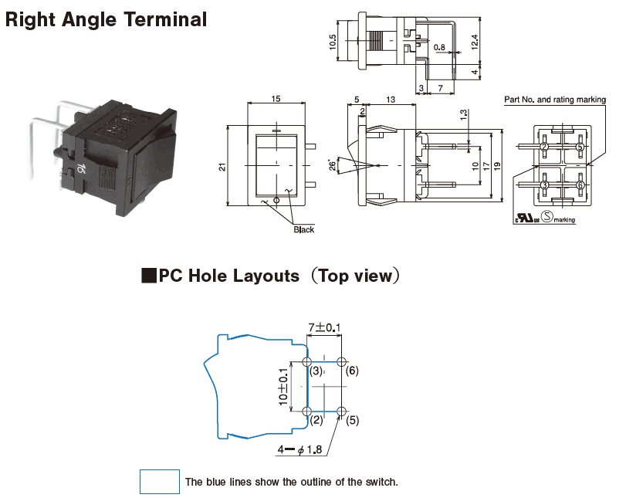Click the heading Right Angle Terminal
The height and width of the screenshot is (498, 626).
pos(106,19)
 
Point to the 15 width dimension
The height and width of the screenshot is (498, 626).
pos(275,98)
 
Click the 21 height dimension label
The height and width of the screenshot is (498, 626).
pos(222,167)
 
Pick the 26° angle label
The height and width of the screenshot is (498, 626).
pos(333,165)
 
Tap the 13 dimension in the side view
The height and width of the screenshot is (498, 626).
pos(391,98)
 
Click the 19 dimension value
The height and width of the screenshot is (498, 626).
pos(498,166)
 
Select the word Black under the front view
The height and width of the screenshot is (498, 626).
pos(304,229)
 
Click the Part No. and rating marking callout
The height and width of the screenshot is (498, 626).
pos(555,100)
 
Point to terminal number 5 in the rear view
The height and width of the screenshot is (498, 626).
pos(580,147)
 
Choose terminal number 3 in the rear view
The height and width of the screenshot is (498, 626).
pos(544,185)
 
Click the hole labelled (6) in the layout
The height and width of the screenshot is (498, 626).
pos(342,362)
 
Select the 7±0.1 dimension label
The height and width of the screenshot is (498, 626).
pos(325,328)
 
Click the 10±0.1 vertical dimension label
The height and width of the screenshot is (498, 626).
pos(283,387)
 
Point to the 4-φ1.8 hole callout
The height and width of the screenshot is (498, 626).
pos(302,449)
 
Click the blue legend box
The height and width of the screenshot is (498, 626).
pos(159,482)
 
